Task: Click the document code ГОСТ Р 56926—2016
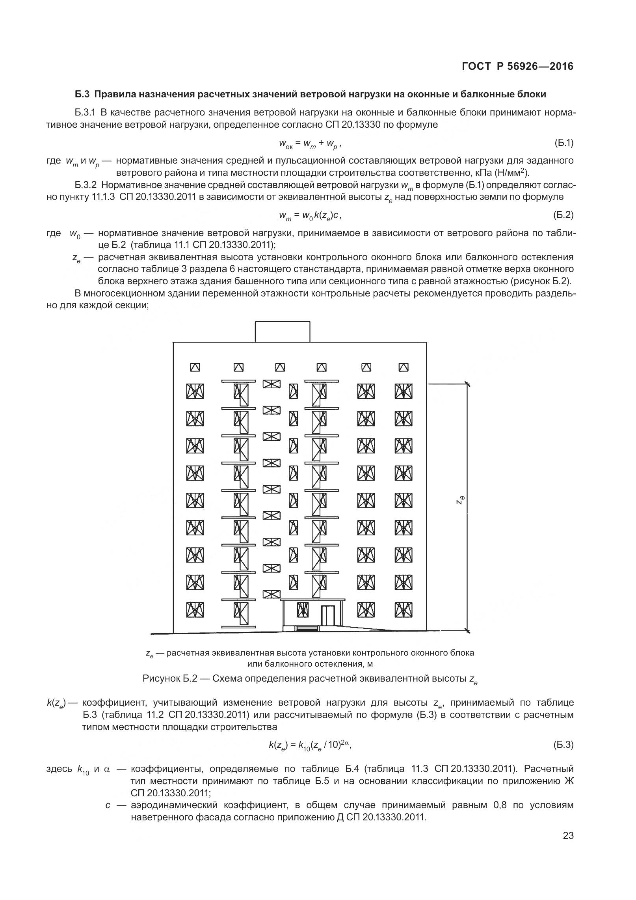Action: click(517, 67)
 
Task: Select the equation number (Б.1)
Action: click(563, 143)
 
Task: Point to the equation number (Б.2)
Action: click(563, 215)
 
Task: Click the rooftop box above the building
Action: click(282, 332)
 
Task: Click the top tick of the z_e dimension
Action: click(467, 383)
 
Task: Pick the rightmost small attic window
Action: click(404, 367)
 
